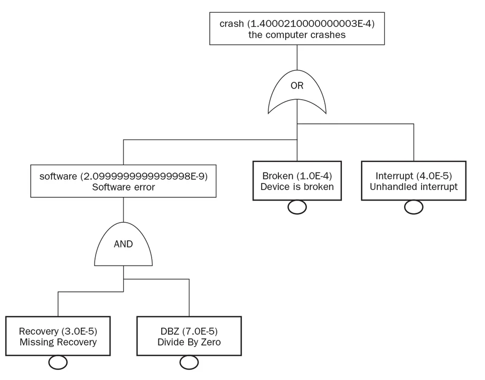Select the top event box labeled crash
(296, 29)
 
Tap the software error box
(123, 181)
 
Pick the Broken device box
(297, 180)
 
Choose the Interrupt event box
(414, 180)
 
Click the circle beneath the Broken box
(297, 207)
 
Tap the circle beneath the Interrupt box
(414, 207)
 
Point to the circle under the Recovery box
(58, 363)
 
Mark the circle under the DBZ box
(189, 363)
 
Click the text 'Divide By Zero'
(189, 342)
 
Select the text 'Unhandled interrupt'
(414, 186)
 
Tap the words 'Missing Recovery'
(58, 342)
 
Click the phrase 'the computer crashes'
(296, 35)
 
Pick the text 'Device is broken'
(297, 186)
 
